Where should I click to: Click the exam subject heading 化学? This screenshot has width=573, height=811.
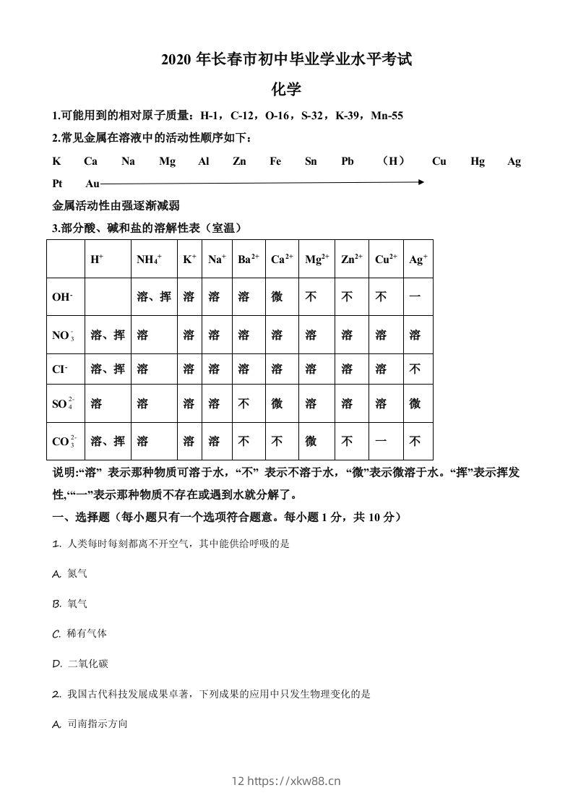point(286,89)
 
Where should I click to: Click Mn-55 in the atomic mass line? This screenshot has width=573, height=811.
point(387,116)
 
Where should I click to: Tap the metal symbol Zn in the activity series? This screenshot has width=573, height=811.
point(239,161)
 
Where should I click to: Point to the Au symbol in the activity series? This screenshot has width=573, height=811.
point(92,184)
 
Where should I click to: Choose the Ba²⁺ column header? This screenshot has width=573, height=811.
point(248,259)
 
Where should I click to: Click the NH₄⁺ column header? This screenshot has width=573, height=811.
point(149,259)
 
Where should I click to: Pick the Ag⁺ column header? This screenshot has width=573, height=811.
point(418,259)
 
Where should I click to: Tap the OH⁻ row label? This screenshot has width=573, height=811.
point(63,297)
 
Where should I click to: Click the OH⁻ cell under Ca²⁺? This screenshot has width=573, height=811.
point(277,297)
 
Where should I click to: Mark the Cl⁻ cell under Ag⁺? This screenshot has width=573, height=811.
point(415,369)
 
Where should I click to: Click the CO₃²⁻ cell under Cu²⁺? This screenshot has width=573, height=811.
point(382,441)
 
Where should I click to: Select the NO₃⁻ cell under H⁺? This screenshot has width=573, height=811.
point(108,335)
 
